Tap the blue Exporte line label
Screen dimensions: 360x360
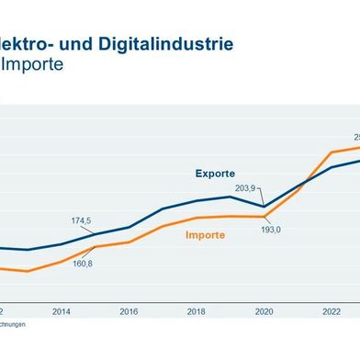[214, 174]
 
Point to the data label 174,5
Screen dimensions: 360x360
[82, 220]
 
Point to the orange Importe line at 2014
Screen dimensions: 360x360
[62, 262]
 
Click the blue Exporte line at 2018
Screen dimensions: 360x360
[197, 200]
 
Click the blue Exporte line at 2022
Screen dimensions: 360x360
[332, 167]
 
